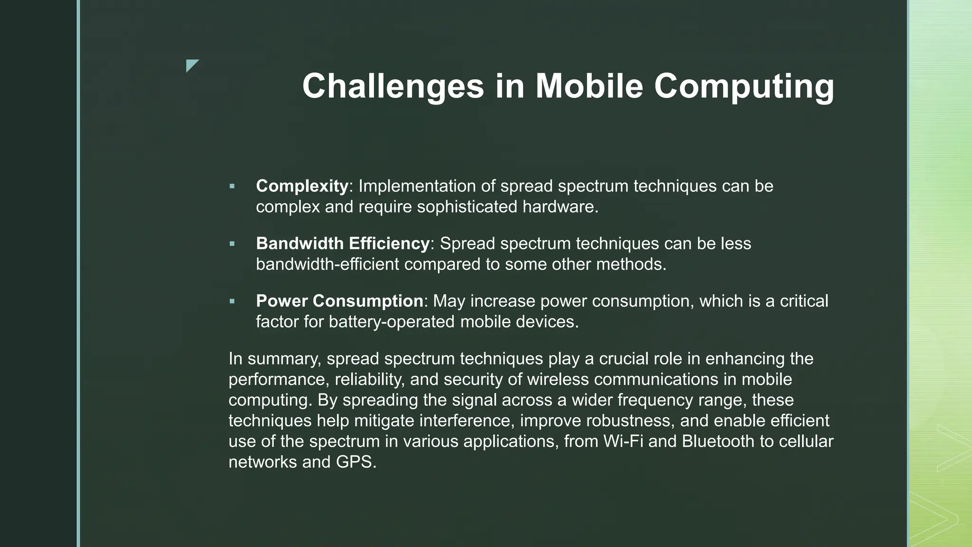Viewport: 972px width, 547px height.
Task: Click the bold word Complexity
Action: click(x=302, y=186)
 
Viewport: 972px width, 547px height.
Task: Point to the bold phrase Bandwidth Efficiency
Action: click(x=342, y=244)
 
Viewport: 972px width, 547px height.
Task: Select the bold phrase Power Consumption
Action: click(x=339, y=301)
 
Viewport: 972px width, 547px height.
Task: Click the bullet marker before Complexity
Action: click(x=232, y=187)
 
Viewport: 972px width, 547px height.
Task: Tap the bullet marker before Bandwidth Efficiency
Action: click(x=232, y=244)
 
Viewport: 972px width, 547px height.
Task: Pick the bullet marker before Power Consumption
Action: click(x=232, y=302)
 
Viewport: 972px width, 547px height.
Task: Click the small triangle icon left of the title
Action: click(x=191, y=65)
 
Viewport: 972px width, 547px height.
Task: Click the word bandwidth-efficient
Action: click(x=327, y=264)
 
